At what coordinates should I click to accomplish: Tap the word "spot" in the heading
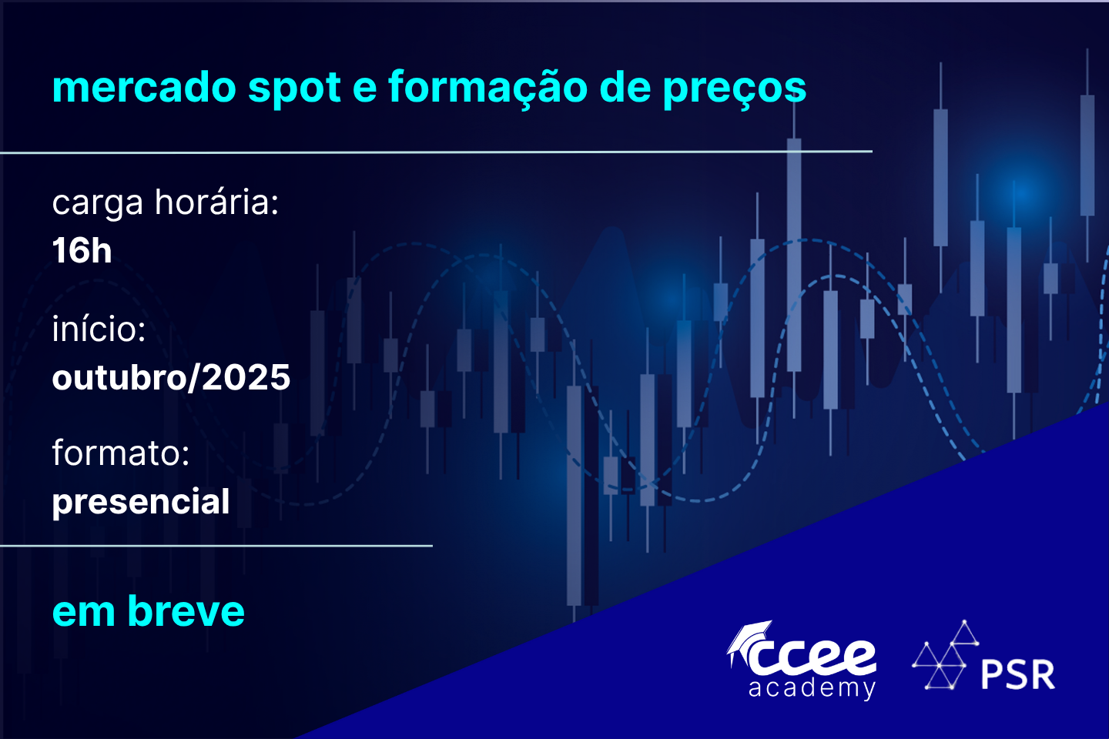click(294, 89)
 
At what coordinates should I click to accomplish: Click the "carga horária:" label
click(166, 203)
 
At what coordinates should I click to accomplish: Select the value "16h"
click(82, 250)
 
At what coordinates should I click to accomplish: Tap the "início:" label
click(99, 328)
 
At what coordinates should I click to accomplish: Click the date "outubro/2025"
click(171, 377)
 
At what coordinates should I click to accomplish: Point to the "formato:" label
click(121, 453)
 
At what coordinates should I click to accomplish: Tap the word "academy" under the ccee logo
click(812, 689)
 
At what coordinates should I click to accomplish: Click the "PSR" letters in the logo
click(1018, 674)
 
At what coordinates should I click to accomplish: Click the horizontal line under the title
click(436, 152)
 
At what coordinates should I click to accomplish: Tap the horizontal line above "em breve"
click(216, 546)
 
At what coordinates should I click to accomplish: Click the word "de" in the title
click(625, 87)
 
